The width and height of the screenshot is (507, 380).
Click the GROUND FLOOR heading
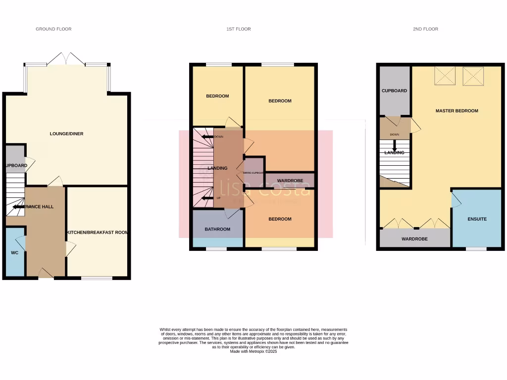click(x=53, y=29)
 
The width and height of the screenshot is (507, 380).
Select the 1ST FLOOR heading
click(x=239, y=29)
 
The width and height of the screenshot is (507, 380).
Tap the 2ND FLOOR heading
click(x=425, y=29)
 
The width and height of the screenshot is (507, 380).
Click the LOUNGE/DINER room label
click(x=66, y=134)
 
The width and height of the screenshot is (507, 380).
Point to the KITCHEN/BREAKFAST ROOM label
click(x=98, y=232)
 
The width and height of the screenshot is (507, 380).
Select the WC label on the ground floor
click(x=14, y=252)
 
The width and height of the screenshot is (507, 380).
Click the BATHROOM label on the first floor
click(x=217, y=229)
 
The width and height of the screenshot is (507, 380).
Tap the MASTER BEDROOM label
click(x=456, y=111)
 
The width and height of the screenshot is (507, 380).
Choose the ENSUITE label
click(x=477, y=219)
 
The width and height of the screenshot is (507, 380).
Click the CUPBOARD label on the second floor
click(x=394, y=91)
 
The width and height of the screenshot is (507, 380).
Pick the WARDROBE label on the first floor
click(x=290, y=181)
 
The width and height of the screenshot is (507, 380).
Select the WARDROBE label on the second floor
click(x=414, y=239)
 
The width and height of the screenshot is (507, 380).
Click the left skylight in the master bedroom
click(x=444, y=76)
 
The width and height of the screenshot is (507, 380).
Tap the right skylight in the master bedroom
click(x=473, y=76)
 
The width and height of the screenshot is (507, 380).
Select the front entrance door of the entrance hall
click(x=46, y=273)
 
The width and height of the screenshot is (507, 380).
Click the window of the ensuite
click(x=476, y=249)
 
